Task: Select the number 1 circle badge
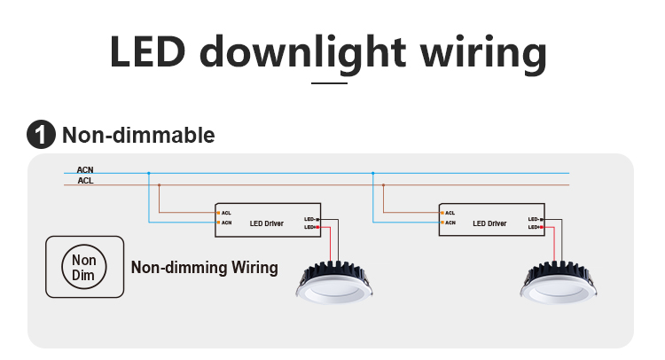41,136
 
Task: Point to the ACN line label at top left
85,169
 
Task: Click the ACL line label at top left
85,180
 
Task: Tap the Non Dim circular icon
83,267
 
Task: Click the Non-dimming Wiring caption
204,267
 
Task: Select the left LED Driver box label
266,223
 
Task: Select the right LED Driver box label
489,223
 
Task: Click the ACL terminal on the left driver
225,213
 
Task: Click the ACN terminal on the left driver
225,223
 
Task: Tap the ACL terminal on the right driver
449,213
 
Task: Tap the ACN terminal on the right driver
449,223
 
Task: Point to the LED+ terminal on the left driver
312,228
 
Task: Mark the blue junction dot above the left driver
148,173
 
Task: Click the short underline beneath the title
330,83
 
